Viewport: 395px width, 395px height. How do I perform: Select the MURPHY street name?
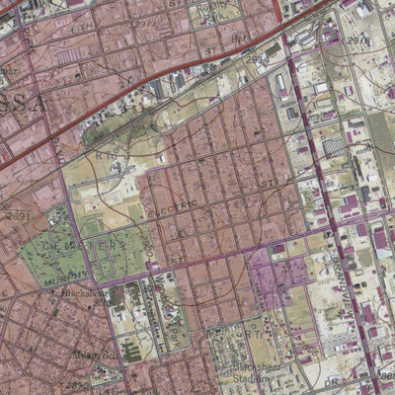point(65,277)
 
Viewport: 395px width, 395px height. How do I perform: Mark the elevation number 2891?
point(18,214)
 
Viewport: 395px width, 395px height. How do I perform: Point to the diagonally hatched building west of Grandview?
point(335,146)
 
